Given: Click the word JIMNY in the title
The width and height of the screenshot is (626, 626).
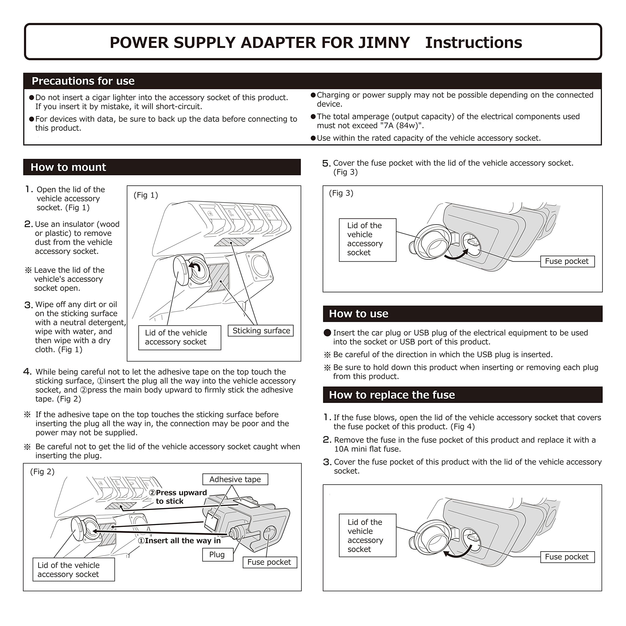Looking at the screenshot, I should point(384,43).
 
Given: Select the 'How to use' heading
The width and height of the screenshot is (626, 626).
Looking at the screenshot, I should point(358,314).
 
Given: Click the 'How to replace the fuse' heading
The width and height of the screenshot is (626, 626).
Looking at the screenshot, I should point(392,395).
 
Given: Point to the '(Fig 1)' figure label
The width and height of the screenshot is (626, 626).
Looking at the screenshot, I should point(145,195).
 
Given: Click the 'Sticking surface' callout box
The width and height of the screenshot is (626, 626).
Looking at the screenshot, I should point(261,331).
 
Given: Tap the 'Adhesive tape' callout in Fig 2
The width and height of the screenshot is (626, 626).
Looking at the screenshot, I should point(235,480).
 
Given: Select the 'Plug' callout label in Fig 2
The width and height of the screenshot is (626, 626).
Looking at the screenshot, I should point(217,555).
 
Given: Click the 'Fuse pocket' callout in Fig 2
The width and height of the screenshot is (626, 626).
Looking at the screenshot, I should point(269,562).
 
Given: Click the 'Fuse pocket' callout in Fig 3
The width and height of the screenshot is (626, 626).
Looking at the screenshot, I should point(567,261).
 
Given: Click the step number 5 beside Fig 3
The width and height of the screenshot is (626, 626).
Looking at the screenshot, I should point(326,164).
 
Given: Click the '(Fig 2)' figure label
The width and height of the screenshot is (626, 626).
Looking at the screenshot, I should point(42,472).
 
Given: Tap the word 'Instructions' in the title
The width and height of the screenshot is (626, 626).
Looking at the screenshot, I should point(473,43).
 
